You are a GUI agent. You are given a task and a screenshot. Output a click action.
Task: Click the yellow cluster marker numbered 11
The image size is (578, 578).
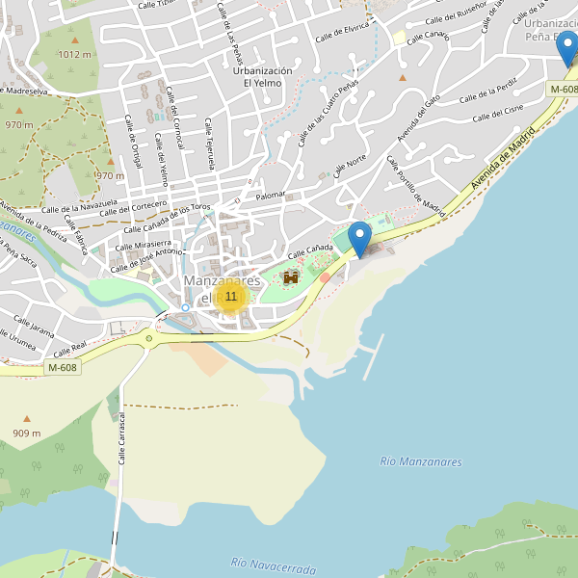click(230, 297)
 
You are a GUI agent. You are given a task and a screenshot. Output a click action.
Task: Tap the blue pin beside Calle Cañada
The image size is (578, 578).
click(359, 238)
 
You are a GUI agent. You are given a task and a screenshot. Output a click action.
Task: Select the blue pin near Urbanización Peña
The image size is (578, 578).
click(568, 47)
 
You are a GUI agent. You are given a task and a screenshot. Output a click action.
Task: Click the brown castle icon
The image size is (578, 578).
click(291, 277)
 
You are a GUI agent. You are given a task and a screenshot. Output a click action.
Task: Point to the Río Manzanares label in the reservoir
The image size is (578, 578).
click(421, 462)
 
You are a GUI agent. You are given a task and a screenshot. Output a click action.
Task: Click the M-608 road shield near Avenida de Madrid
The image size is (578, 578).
click(564, 90)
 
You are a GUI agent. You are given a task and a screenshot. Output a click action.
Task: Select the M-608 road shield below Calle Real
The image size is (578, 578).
click(62, 367)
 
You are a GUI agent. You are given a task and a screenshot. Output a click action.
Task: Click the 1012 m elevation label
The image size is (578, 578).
click(73, 55)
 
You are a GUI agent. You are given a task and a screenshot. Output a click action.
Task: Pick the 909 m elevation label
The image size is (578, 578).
click(26, 433)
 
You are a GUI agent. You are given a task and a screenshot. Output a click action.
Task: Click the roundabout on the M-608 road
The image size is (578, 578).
click(148, 338)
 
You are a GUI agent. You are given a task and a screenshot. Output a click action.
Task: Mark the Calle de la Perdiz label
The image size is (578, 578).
click(487, 91)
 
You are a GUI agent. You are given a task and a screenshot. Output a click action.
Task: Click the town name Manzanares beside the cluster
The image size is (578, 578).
click(222, 280)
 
